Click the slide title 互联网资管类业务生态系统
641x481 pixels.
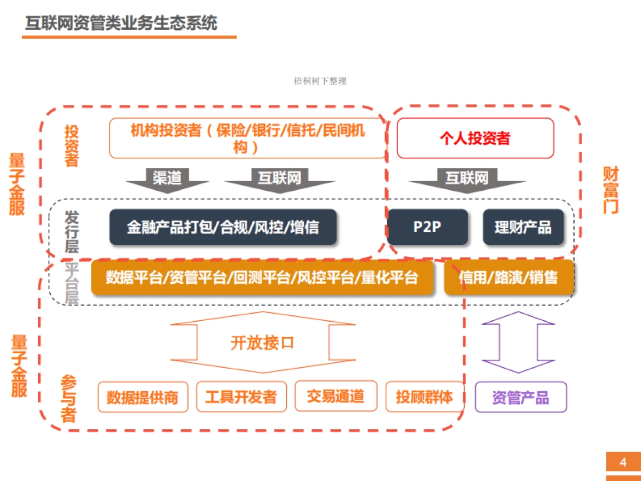click(x=121, y=24)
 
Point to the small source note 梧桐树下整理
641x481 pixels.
click(x=320, y=81)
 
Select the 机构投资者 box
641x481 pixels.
click(x=247, y=138)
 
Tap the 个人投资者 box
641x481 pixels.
click(x=475, y=138)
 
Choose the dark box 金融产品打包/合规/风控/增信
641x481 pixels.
click(x=223, y=227)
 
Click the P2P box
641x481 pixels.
click(x=427, y=227)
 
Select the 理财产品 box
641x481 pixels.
click(x=523, y=227)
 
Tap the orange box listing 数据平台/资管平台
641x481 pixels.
click(x=262, y=277)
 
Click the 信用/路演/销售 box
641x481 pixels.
click(x=509, y=277)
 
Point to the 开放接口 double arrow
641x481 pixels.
click(x=262, y=343)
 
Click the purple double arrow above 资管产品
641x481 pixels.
click(x=518, y=342)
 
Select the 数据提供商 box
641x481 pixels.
click(x=143, y=397)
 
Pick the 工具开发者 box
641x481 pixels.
click(x=241, y=397)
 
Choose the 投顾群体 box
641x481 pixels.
click(x=424, y=397)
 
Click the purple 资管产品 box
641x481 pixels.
click(x=520, y=397)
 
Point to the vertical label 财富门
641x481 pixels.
click(x=611, y=190)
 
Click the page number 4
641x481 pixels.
click(x=623, y=462)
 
